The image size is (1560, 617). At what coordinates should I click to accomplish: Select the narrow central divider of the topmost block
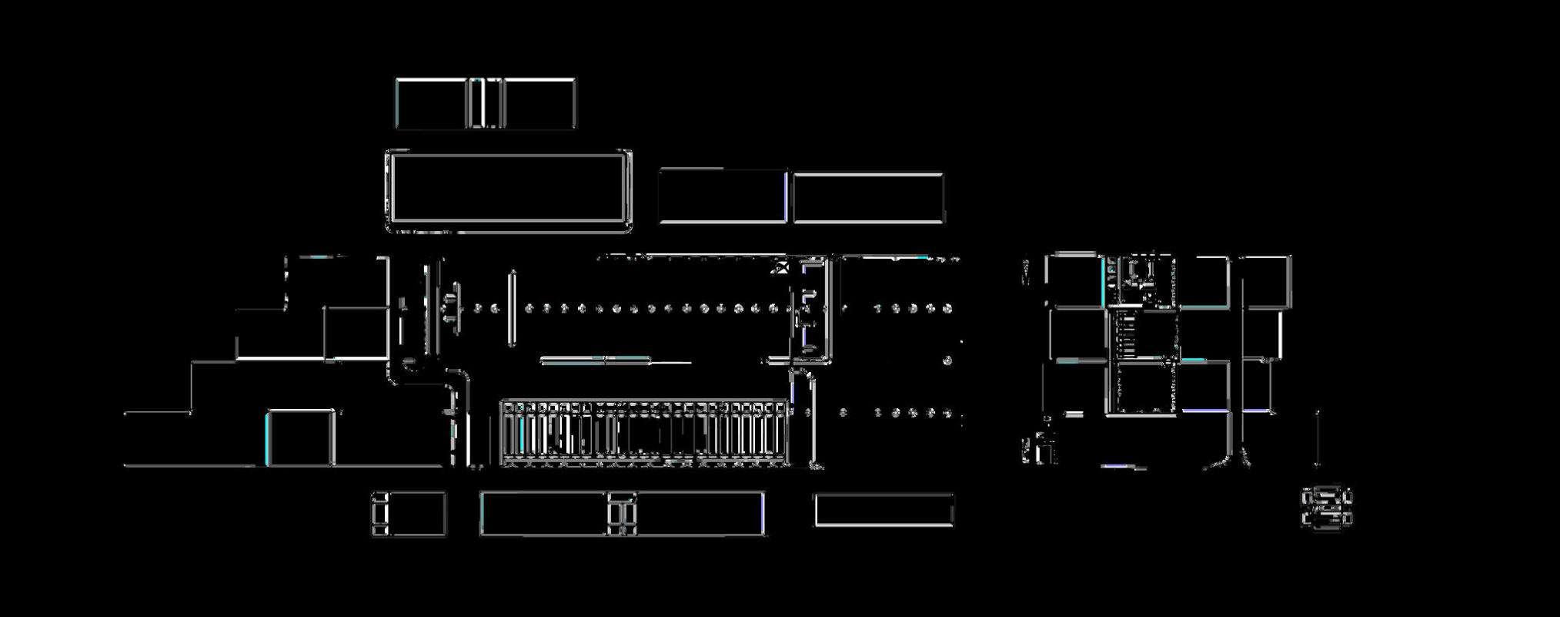coord(485,103)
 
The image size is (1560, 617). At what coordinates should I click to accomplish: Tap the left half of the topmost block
coord(431,103)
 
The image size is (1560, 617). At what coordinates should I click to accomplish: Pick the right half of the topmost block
coord(539,103)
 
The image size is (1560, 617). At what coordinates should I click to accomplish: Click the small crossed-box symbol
coord(782,267)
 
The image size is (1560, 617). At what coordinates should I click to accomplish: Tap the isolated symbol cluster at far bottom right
coord(1326,508)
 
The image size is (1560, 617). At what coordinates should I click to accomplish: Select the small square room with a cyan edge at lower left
coord(300,438)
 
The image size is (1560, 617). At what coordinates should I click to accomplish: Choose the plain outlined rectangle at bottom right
coord(884,510)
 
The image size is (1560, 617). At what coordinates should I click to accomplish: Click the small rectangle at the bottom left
coord(409,514)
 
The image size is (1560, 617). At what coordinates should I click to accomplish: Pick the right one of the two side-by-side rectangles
coord(868,198)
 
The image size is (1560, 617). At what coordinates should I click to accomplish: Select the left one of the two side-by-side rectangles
coord(723,196)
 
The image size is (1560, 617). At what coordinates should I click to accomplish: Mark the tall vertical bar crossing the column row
coord(512,308)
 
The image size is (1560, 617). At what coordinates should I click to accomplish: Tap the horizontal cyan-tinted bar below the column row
coord(595,360)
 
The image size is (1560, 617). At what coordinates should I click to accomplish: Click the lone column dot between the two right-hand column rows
coord(948,360)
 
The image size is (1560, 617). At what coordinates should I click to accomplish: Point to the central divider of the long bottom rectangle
coord(623,514)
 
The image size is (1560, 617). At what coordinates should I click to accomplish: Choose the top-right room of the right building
coord(1266,282)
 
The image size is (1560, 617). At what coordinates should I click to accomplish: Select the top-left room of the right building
coord(1074,280)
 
